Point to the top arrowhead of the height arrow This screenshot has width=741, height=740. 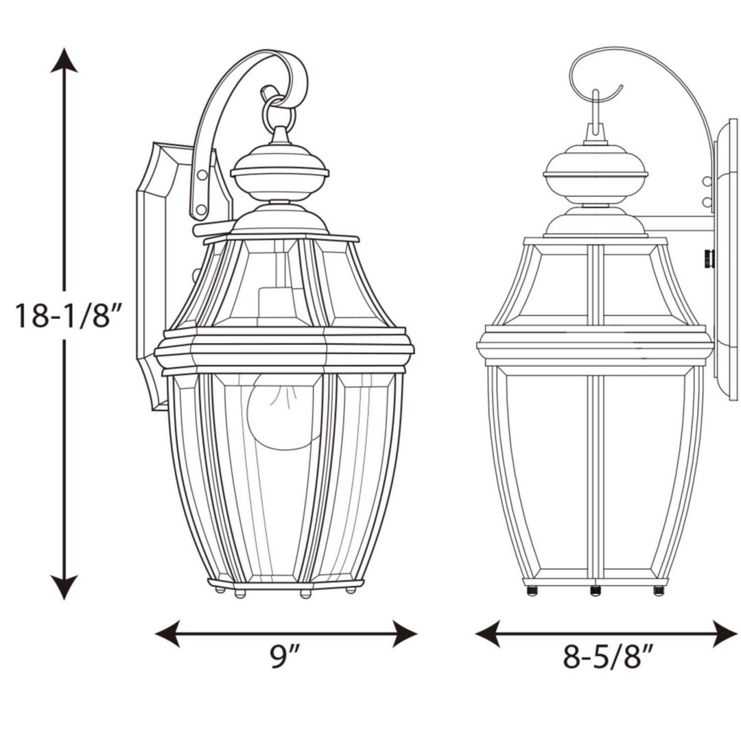coord(64,60)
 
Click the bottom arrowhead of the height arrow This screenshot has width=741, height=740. coord(64,588)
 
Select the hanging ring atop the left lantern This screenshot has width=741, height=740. coord(279,113)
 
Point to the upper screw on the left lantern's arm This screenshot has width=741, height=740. coord(202,176)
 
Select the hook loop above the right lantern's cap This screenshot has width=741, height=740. coord(596,113)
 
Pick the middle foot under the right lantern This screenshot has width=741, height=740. coord(595,590)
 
